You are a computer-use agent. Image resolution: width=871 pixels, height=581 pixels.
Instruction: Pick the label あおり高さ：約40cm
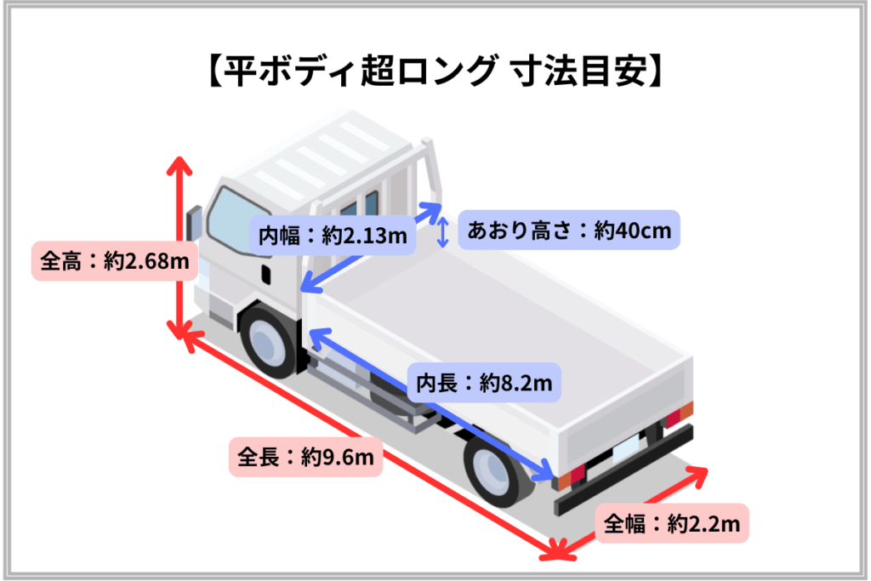(569, 230)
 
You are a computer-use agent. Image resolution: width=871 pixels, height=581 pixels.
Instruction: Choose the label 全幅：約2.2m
(672, 524)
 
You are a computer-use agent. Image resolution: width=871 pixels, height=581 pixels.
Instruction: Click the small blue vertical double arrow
(442, 231)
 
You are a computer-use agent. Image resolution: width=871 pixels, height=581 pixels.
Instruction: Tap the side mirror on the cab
(192, 224)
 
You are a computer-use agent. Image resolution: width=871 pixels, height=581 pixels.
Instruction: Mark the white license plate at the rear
(626, 447)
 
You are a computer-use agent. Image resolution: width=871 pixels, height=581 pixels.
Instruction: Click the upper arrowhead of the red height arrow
(179, 165)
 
